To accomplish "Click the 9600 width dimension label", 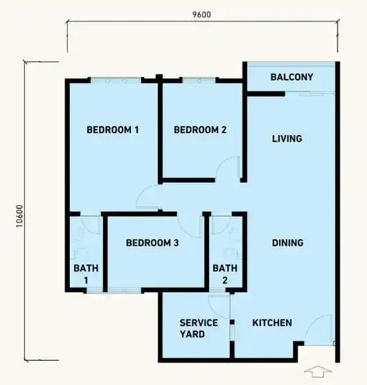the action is coord(202,15).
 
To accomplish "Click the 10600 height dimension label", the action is coord(19,216).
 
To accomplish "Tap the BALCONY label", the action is coord(292,77).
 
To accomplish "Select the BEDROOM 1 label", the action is coord(113,129).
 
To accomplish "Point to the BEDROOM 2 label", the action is coord(200,129).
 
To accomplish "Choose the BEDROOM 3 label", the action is coord(152,243).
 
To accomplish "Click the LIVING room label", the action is coord(287,138).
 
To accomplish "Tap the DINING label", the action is coord(287,243).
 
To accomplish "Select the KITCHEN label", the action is coord(272,323).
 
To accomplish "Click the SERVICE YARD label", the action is coord(199,328).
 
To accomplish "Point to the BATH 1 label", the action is coord(86,274).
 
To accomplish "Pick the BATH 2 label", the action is coord(225,274).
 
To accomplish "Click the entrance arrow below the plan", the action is coord(318,371).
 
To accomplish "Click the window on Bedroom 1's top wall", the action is coord(116,80).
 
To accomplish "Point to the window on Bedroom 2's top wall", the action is coord(199,80).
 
